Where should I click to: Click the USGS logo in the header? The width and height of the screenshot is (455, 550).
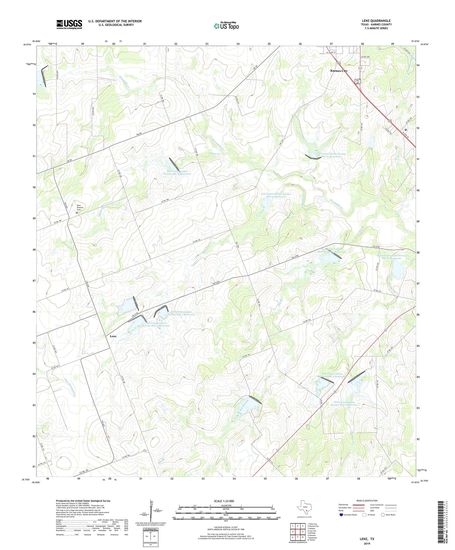click(x=69, y=24)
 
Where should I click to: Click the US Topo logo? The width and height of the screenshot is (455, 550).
click(x=226, y=26)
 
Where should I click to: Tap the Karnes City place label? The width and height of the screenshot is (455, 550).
click(x=339, y=71)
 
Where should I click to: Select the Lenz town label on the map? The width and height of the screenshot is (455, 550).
click(x=113, y=336)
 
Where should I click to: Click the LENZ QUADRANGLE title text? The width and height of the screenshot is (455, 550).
click(x=376, y=21)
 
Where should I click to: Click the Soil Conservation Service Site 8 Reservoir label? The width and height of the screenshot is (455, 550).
click(x=177, y=173)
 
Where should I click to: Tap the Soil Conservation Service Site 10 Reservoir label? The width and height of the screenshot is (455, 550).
click(x=331, y=155)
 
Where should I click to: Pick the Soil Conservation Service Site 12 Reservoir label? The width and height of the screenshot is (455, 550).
click(x=276, y=195)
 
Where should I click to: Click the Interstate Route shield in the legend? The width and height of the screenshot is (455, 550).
click(x=341, y=515)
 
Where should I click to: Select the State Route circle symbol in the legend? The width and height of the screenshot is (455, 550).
click(x=383, y=515)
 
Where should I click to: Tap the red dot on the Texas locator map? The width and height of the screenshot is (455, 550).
click(x=306, y=511)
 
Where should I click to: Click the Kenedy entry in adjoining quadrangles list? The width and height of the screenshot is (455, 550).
click(x=312, y=533)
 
